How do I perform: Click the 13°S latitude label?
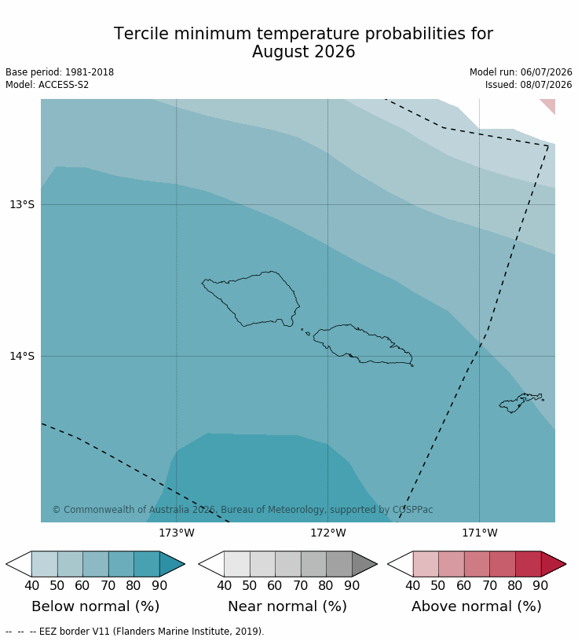[x=22, y=204]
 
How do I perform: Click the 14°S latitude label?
[x=22, y=356]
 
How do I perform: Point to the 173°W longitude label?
[x=177, y=533]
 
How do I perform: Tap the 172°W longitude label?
[x=327, y=533]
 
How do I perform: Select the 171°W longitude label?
[x=480, y=533]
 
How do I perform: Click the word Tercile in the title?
[x=141, y=34]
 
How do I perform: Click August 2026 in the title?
[x=303, y=52]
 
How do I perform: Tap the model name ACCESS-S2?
[x=64, y=85]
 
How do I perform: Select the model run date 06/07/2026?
[x=546, y=72]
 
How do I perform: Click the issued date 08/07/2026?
[x=546, y=85]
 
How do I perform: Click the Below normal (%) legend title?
[x=95, y=606]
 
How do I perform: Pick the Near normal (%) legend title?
[x=287, y=606]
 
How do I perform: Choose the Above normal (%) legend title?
[x=476, y=606]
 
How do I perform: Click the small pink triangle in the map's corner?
[x=550, y=104]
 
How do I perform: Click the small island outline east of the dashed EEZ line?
[x=521, y=403]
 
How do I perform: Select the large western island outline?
[x=251, y=299]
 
